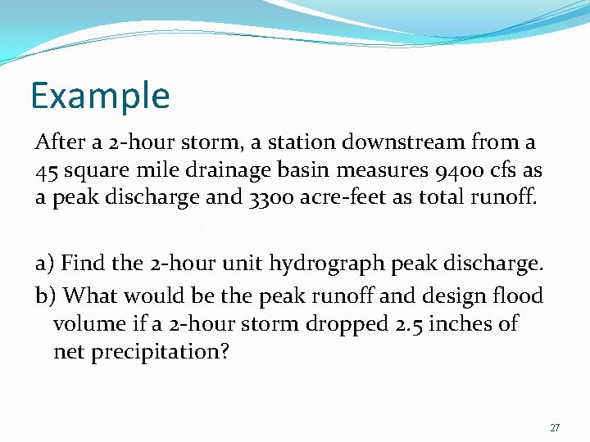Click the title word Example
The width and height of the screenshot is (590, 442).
(100, 96)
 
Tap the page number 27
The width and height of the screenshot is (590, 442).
(555, 428)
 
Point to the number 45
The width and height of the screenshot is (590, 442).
(45, 170)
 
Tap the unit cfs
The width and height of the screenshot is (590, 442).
(501, 170)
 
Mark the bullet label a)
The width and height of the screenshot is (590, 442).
(44, 264)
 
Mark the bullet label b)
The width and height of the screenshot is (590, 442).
(45, 294)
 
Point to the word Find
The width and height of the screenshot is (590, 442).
(84, 264)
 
